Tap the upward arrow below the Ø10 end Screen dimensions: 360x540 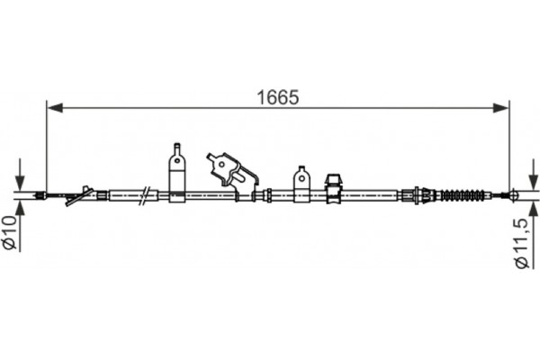coord(20,206)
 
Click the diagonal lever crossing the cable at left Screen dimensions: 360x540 coord(78,195)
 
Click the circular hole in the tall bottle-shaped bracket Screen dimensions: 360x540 coord(177,163)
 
